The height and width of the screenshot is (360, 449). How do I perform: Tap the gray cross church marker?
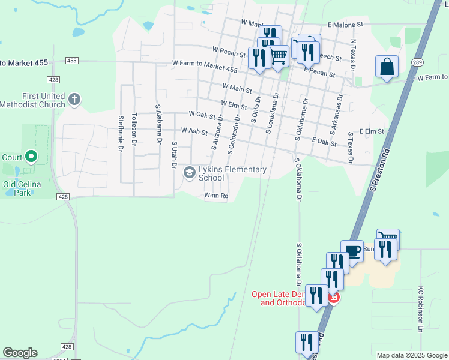(74, 100)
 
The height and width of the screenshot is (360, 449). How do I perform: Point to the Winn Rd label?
(216, 196)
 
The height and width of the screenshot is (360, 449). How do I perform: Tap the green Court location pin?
(31, 158)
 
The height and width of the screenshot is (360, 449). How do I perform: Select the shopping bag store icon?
(387, 66)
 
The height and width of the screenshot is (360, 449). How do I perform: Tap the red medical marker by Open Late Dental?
(334, 298)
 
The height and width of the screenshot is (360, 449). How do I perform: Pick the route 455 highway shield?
(72, 61)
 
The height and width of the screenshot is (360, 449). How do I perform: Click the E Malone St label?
(346, 25)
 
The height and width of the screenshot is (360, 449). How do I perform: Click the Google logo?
(20, 353)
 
